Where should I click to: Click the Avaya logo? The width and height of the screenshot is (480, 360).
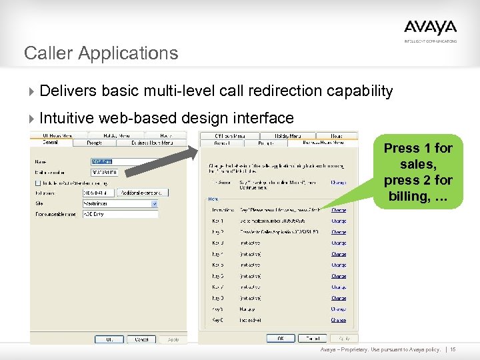tap(430, 28)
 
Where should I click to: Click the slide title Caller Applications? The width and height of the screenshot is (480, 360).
tap(101, 53)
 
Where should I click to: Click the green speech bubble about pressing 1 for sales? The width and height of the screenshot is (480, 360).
tap(418, 172)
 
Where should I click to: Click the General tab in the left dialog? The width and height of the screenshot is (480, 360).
tap(50, 142)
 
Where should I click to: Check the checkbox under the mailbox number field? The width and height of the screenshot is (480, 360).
tap(37, 183)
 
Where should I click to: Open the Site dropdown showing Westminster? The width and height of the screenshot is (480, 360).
tap(120, 203)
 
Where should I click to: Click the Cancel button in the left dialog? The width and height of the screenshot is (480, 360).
tap(141, 339)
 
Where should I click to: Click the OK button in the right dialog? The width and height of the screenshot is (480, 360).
tap(281, 338)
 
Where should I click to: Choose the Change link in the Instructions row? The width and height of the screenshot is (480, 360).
tap(339, 209)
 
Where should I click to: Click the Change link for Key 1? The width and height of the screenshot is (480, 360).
tap(339, 221)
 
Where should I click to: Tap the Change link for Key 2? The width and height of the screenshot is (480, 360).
tap(339, 232)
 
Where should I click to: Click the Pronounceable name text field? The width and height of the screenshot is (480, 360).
tap(120, 214)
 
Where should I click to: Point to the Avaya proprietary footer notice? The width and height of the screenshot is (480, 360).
tap(380, 349)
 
